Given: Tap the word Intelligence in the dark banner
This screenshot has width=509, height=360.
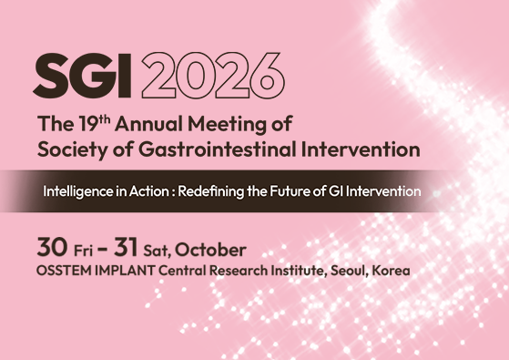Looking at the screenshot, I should coord(84,192).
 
